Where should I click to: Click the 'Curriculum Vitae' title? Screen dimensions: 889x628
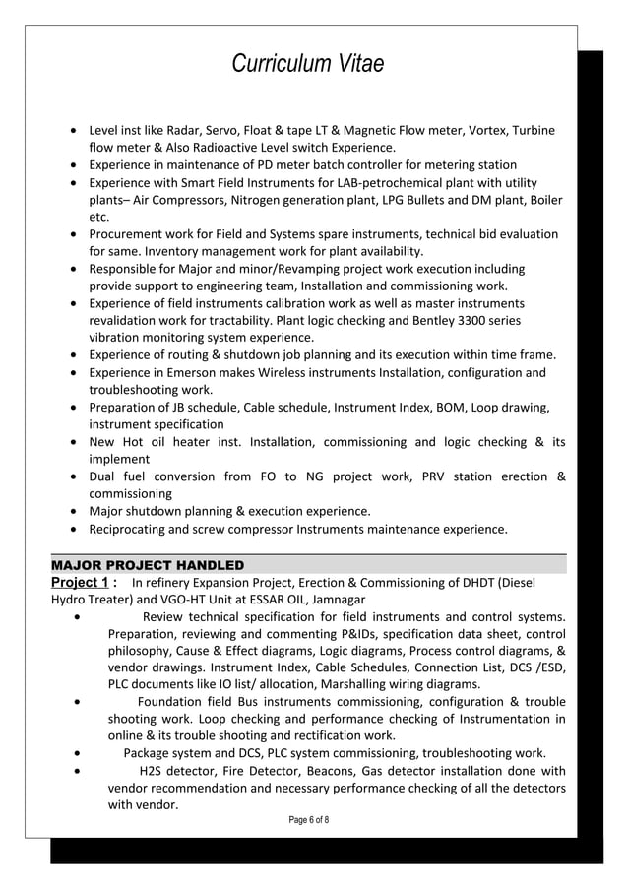(x=307, y=65)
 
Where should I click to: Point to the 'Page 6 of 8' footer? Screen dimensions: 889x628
(x=306, y=820)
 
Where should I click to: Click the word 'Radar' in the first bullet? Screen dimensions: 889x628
(x=187, y=131)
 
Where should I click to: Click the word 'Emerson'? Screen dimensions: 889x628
(x=194, y=372)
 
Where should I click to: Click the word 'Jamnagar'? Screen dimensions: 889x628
(x=334, y=600)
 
